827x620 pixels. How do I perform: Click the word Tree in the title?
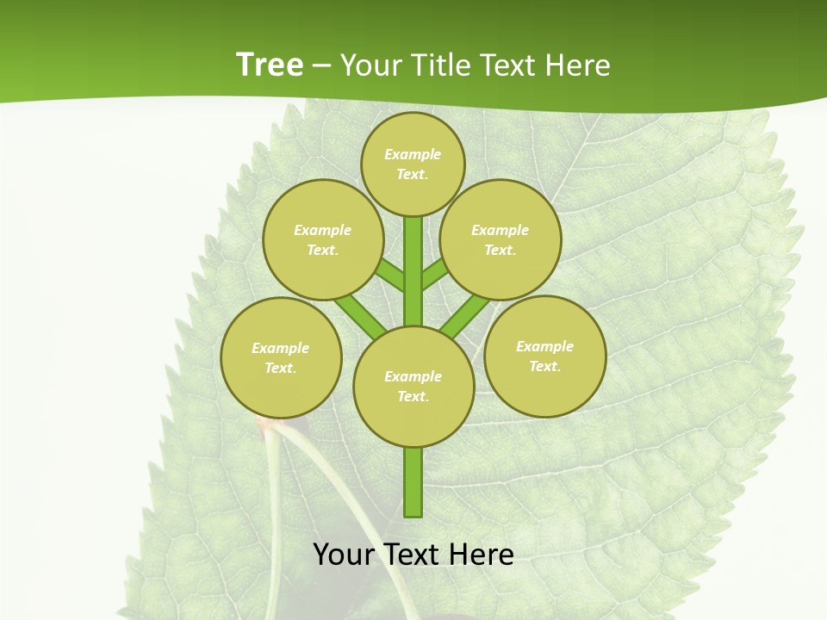tap(270, 65)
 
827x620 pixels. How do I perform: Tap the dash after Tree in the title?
tap(321, 66)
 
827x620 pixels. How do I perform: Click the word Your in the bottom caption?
tap(344, 555)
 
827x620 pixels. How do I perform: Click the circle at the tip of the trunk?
tap(413, 164)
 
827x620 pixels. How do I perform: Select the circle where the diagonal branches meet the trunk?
tap(413, 386)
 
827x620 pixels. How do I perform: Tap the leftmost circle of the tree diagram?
tap(281, 357)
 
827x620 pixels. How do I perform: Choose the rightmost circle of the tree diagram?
tap(544, 356)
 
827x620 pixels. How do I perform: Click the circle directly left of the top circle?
tap(323, 239)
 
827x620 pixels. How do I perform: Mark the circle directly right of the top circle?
tap(500, 239)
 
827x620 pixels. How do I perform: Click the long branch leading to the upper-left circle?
tap(361, 315)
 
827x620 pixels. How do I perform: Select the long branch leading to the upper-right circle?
tap(465, 315)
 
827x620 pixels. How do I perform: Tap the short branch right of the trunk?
tap(434, 274)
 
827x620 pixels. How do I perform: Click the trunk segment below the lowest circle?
tap(413, 482)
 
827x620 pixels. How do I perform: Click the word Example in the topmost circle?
tap(413, 154)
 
